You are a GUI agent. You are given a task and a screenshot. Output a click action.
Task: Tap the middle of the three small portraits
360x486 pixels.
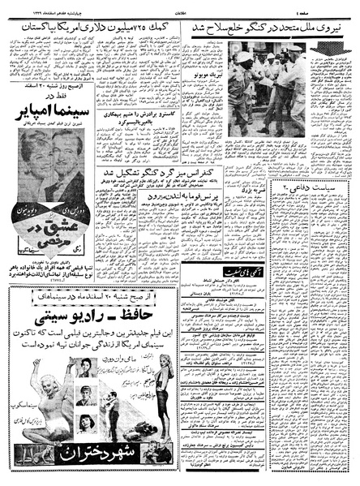tap(87, 394)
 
